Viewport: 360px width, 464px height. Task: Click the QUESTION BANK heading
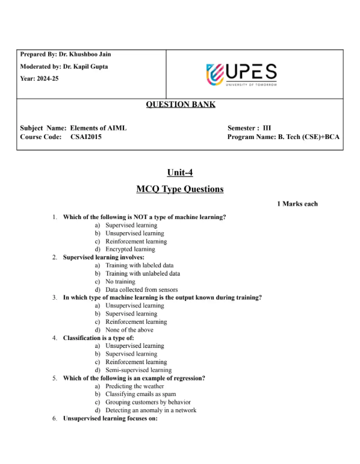(180, 105)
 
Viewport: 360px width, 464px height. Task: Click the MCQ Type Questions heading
(180, 189)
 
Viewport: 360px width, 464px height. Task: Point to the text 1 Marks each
(297, 204)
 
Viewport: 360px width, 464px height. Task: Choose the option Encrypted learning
(130, 249)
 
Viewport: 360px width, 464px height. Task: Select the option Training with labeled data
(139, 265)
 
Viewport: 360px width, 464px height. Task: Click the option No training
(120, 282)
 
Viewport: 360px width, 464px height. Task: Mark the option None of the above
(129, 330)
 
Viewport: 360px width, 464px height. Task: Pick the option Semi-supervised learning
(138, 370)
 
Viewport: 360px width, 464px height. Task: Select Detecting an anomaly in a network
(151, 410)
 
